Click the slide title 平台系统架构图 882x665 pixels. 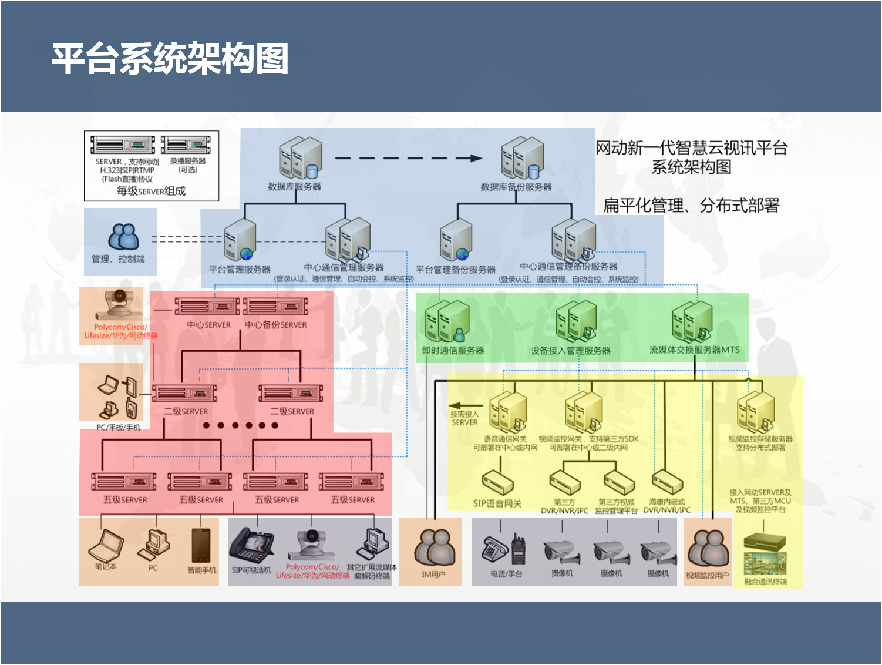[x=170, y=59]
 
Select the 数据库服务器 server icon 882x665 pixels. [x=300, y=157]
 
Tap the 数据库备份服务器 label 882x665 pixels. [x=516, y=187]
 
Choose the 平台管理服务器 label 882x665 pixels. [x=240, y=269]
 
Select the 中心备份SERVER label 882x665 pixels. [x=276, y=324]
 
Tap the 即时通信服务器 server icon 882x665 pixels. [x=447, y=321]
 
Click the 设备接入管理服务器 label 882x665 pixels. [x=571, y=351]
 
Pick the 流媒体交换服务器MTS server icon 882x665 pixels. [x=692, y=321]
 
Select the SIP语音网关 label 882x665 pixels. [x=497, y=503]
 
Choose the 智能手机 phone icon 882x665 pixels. [x=201, y=545]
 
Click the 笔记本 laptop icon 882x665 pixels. [x=106, y=545]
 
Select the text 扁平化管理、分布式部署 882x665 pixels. [x=691, y=206]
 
